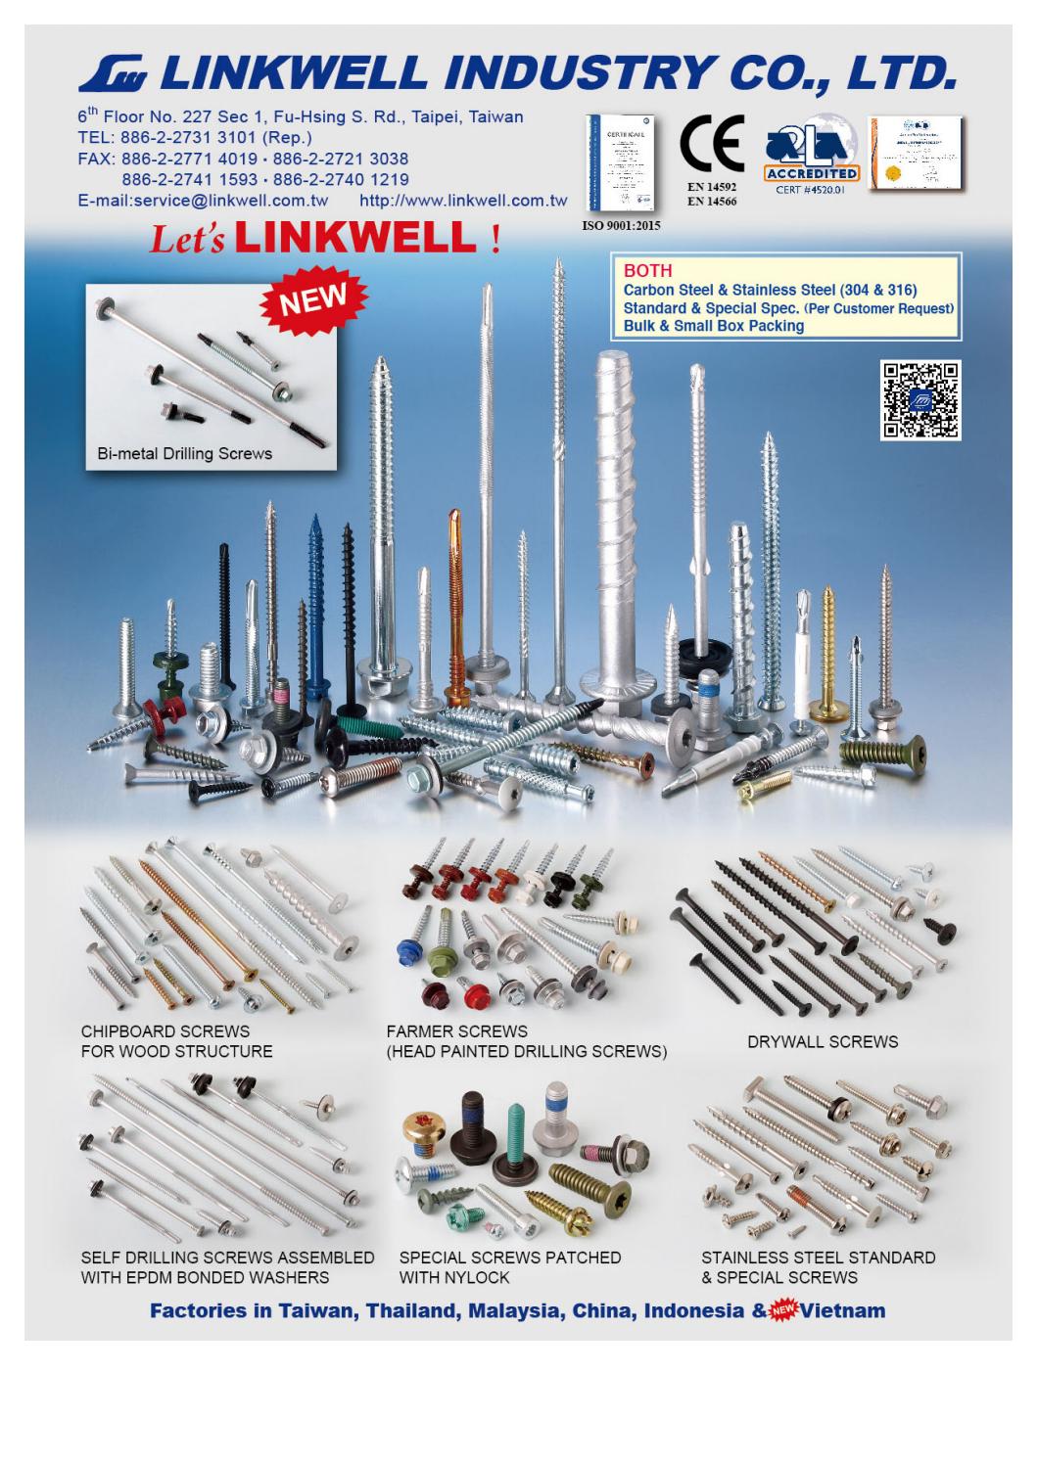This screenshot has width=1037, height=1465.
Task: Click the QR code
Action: [x=919, y=399]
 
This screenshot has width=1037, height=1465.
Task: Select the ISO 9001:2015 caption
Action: [x=622, y=224]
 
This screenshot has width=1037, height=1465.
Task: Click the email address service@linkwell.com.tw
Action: [x=203, y=201]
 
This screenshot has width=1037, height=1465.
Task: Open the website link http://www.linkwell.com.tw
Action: [x=463, y=201]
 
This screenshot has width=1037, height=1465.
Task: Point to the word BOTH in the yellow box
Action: [x=647, y=271]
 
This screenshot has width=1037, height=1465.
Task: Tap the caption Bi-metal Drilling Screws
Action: [x=184, y=454]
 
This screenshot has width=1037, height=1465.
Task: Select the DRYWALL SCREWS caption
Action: [x=823, y=1042]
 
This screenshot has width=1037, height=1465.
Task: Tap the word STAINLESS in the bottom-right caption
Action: [x=747, y=1258]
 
